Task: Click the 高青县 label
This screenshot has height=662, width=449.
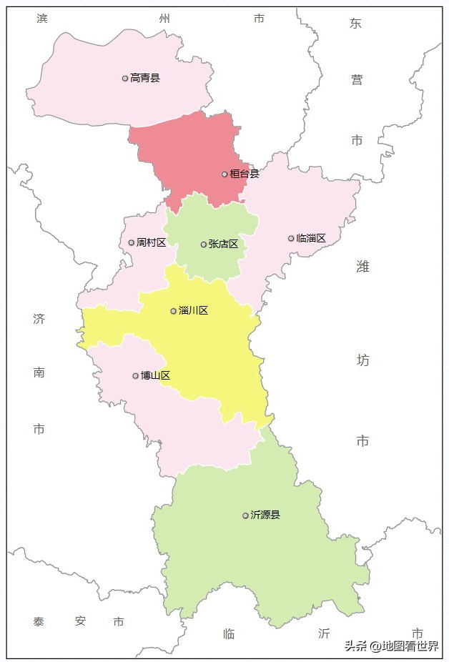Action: click(145, 78)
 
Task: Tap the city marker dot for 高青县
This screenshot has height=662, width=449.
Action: click(125, 78)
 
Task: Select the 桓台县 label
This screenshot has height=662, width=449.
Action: click(245, 174)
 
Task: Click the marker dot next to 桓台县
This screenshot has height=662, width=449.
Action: click(224, 174)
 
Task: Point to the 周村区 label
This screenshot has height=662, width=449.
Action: click(152, 242)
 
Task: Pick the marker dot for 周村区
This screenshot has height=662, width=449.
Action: click(132, 242)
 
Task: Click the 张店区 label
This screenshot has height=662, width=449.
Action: click(224, 244)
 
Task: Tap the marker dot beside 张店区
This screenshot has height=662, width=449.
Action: click(204, 244)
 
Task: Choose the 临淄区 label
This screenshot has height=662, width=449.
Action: click(311, 238)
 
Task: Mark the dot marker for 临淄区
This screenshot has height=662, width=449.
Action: click(291, 238)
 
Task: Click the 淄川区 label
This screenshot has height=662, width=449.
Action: click(194, 311)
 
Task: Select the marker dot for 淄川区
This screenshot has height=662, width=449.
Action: click(174, 311)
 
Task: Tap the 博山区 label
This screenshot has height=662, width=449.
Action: click(156, 375)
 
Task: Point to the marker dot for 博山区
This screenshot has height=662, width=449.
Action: click(136, 375)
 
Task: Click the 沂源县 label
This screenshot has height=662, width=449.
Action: click(266, 515)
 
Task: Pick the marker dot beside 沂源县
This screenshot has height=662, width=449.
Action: click(246, 515)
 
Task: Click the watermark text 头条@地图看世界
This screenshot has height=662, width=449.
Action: click(391, 646)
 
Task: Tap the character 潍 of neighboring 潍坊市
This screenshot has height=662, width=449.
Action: click(363, 267)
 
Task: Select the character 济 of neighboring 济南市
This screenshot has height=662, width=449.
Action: click(39, 319)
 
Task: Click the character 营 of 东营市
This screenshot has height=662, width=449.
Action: click(357, 80)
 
